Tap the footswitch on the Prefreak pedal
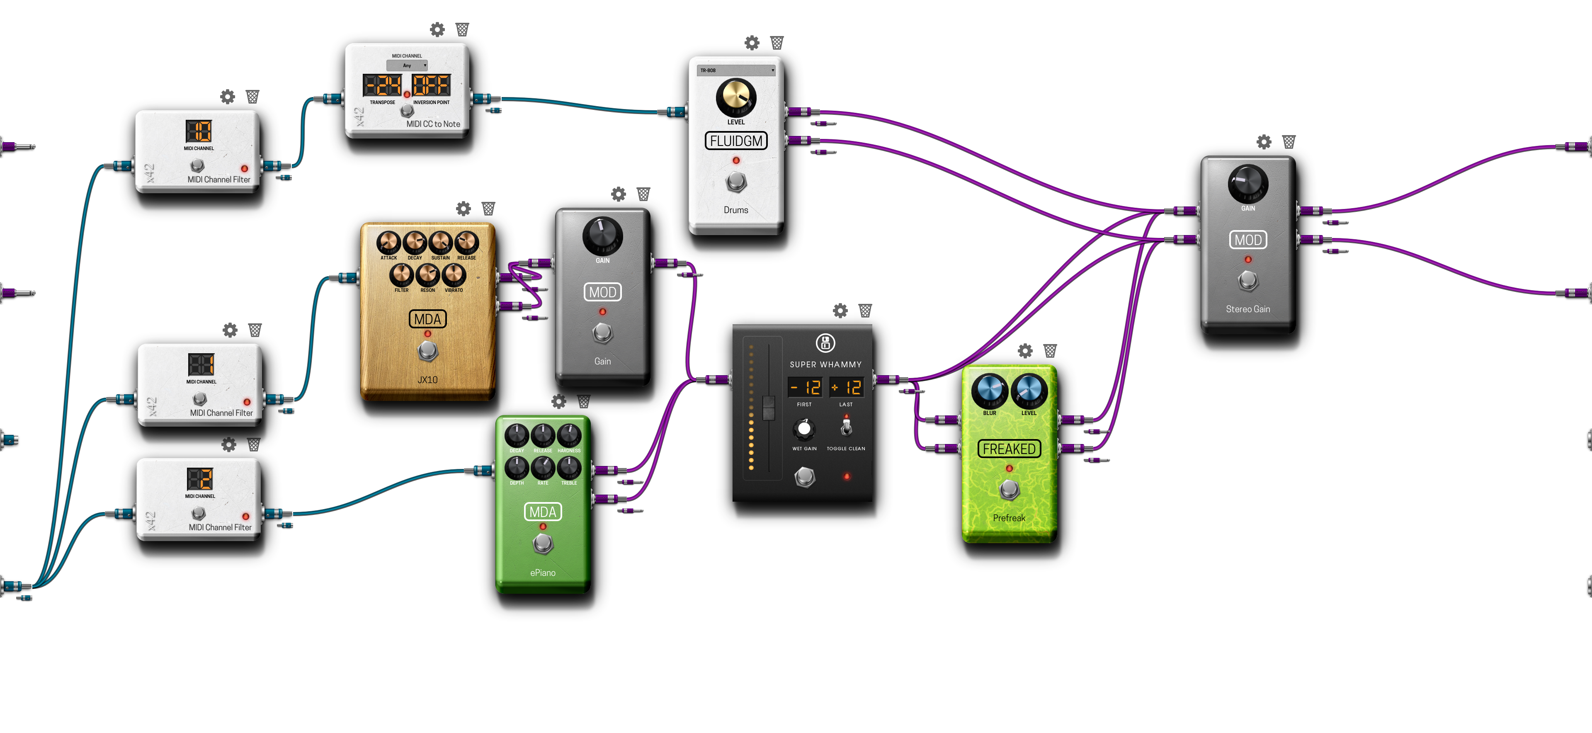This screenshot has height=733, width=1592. point(1009,490)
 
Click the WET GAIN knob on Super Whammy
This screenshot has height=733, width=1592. point(804,428)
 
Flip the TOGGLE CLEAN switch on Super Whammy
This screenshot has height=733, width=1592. point(846,427)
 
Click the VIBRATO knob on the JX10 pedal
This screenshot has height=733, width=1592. point(454,274)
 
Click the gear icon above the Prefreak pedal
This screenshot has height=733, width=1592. point(1025,351)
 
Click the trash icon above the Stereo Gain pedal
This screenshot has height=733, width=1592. point(1289,142)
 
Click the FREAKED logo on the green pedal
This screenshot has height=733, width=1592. point(1009,449)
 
